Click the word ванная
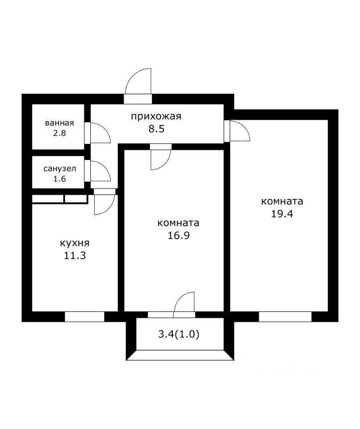(x=59, y=123)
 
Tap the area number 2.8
(x=59, y=133)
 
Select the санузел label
(x=60, y=168)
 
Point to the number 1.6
(x=60, y=179)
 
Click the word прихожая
(x=156, y=117)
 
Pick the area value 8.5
(x=156, y=129)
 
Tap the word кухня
(x=75, y=243)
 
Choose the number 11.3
(x=75, y=256)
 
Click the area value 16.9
(x=178, y=236)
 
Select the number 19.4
(x=282, y=214)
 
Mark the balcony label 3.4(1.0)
(x=179, y=334)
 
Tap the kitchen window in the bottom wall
(x=84, y=317)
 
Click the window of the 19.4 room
(x=285, y=317)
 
